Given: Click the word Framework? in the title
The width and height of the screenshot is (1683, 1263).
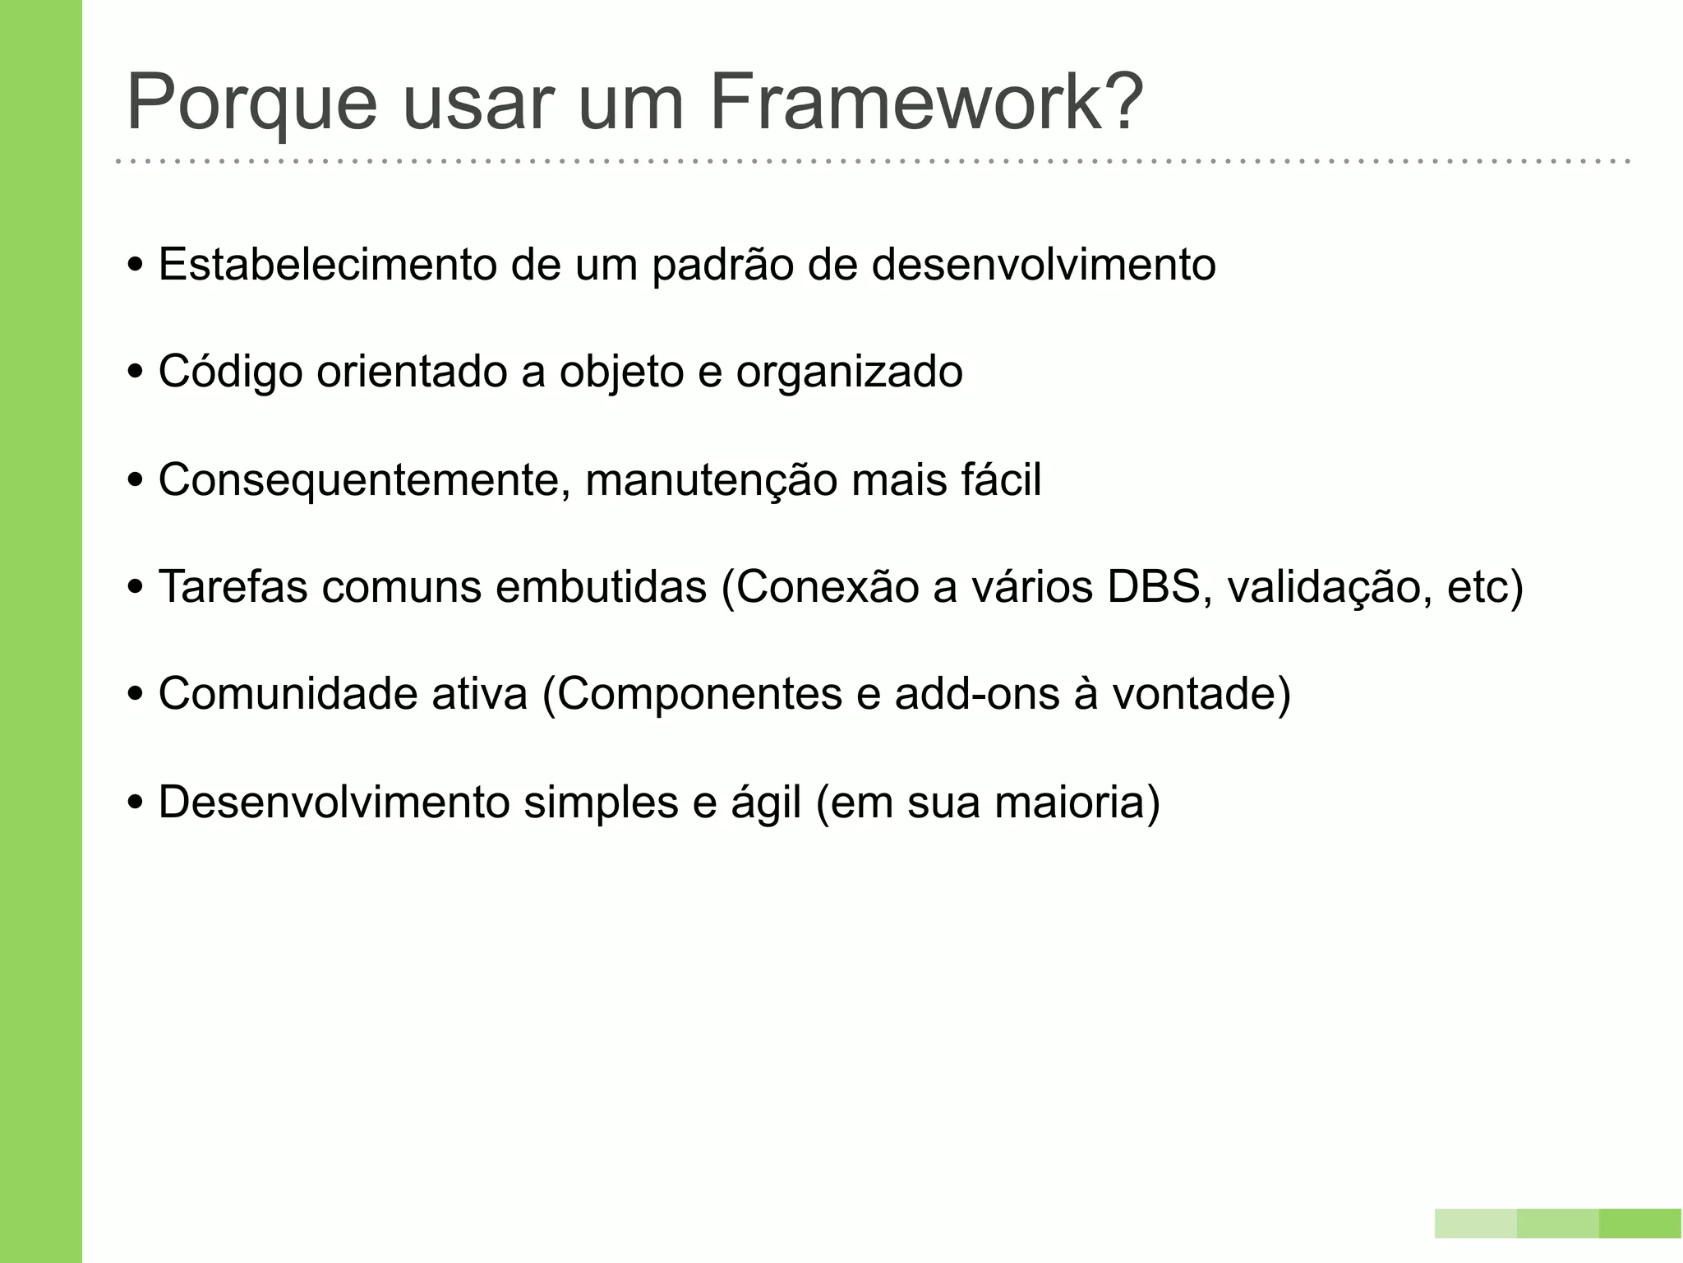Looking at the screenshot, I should click(925, 103).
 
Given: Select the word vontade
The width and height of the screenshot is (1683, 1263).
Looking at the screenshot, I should click(1196, 693).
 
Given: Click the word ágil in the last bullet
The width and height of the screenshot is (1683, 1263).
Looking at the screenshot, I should click(765, 803).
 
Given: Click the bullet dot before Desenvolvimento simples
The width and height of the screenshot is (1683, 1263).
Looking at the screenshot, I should click(136, 802).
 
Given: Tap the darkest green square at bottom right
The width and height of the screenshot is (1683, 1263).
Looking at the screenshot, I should click(1640, 1224).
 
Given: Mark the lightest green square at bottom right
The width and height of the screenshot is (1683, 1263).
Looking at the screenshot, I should click(1476, 1224).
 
